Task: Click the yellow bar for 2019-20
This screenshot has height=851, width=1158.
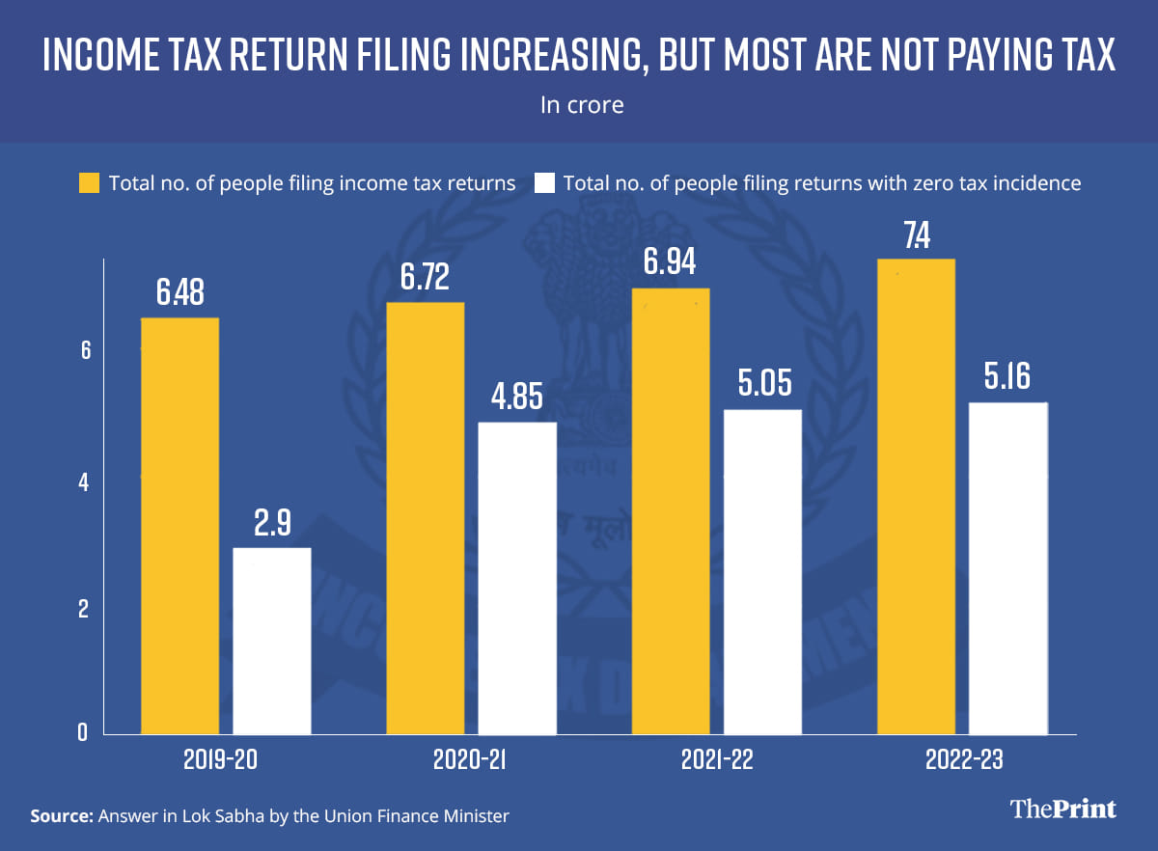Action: (179, 526)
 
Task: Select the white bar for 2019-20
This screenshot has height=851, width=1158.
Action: (272, 641)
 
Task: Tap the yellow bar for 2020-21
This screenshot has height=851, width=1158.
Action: (426, 518)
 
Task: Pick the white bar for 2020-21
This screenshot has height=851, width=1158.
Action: (517, 578)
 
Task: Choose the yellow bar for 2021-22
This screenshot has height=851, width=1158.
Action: (670, 511)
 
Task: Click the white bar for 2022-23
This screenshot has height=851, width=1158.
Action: (1008, 568)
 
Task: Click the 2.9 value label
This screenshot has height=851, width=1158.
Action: (272, 523)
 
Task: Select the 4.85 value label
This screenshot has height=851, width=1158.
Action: (517, 397)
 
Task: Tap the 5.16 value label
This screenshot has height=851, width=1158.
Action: (1008, 377)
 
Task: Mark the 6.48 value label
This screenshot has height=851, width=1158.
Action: (179, 292)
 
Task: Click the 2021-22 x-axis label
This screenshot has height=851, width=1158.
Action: (715, 760)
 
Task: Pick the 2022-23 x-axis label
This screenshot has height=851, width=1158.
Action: (961, 760)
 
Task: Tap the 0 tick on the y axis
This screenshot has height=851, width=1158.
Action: (84, 732)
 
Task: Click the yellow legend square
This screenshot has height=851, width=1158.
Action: (89, 182)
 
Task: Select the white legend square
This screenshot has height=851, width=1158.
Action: (544, 182)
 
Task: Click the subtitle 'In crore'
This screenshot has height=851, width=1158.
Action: (581, 104)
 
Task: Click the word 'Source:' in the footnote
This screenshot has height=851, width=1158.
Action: (63, 816)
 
